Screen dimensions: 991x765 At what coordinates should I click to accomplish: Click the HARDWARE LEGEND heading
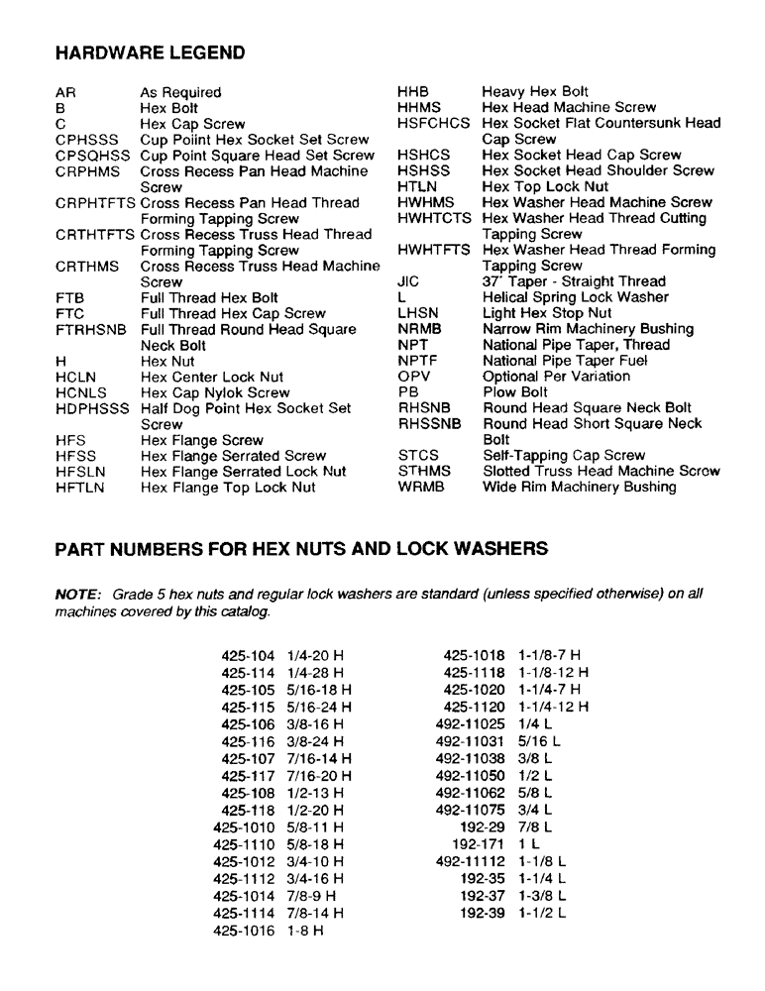coord(150,52)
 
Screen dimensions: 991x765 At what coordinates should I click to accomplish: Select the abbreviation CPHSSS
coord(87,140)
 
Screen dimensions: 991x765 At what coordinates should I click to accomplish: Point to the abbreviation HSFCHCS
coord(434,123)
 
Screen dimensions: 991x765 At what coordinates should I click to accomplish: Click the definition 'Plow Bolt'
coord(514,392)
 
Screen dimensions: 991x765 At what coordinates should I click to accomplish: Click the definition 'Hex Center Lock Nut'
coord(212,377)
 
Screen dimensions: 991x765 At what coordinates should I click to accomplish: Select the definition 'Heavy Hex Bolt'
coord(535,91)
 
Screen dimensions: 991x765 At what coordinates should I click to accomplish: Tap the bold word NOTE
coord(77,594)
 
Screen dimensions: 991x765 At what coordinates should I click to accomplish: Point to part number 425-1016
coord(243,931)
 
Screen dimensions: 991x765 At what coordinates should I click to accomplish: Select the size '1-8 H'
coord(305,931)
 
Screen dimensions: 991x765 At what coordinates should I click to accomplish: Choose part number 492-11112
coord(471,861)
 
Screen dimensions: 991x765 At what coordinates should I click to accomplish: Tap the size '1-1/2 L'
coord(542,913)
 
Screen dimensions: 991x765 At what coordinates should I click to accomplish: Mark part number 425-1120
coord(475,707)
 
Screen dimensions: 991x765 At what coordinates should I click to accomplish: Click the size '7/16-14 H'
coord(318,758)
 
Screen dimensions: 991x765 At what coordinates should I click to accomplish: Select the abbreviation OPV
coord(417,377)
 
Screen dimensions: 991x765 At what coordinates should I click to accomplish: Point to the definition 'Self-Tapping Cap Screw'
coord(563,455)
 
